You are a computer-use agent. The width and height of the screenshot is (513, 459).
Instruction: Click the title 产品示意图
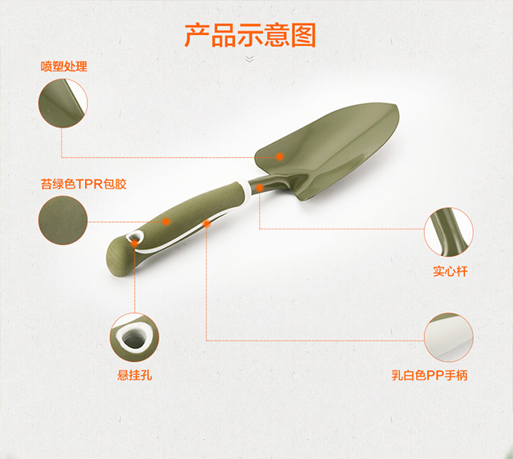(250, 35)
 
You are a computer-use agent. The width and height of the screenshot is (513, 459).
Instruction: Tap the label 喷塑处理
(64, 67)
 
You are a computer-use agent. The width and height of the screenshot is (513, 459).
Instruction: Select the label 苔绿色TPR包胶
(83, 184)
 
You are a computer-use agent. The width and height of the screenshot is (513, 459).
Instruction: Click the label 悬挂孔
(134, 374)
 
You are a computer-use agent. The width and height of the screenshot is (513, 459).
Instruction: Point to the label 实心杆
(450, 272)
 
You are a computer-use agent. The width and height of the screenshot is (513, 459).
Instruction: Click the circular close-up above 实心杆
(449, 232)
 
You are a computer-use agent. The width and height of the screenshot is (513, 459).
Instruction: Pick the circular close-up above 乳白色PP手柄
(449, 338)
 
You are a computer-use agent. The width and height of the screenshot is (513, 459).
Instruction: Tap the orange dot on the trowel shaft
(260, 188)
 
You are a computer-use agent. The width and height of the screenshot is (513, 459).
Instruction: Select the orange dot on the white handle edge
(207, 224)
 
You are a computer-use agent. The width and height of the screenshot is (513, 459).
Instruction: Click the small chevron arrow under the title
(250, 59)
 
